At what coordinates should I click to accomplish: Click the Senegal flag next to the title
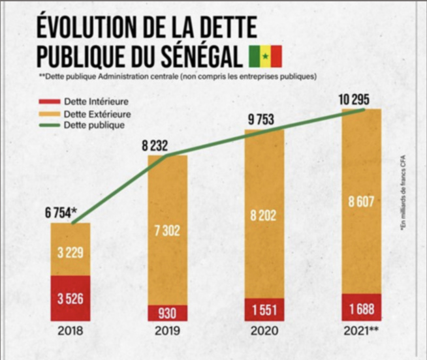(x=264, y=57)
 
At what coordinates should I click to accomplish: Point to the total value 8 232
(x=161, y=147)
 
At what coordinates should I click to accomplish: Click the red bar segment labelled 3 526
(x=70, y=299)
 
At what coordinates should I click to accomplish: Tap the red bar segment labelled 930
(x=167, y=313)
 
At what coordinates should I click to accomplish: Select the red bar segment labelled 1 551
(x=264, y=309)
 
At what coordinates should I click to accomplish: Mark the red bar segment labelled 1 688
(x=361, y=308)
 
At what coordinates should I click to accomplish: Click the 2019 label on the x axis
(x=167, y=331)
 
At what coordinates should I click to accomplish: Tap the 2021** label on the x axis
(x=361, y=331)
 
